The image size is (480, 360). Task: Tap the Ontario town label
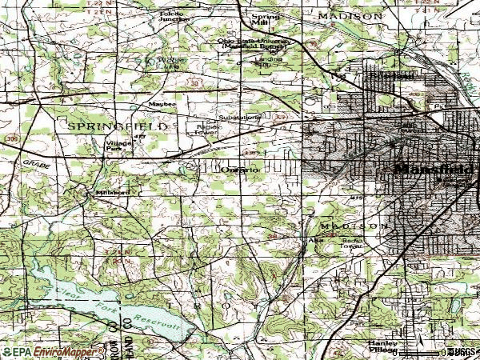[x=238, y=170]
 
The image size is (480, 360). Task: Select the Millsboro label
[x=112, y=193]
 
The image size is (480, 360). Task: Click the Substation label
[x=240, y=118]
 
